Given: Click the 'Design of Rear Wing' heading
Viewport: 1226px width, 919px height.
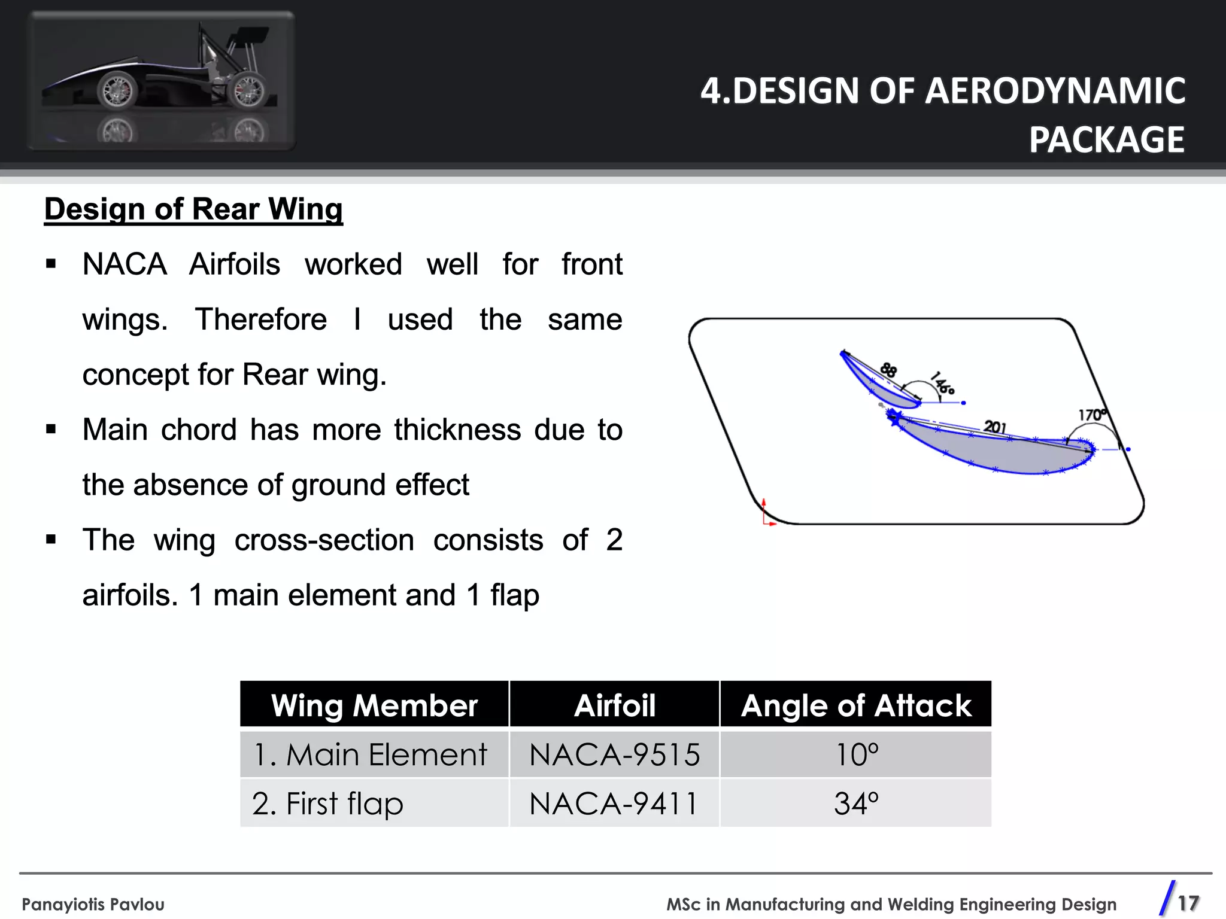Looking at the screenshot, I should [x=193, y=209].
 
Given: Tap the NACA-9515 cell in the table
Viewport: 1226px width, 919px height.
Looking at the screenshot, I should [x=614, y=754].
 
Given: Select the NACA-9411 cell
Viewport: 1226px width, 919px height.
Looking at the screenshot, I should [x=614, y=804].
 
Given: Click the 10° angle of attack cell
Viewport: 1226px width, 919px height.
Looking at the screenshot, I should [x=856, y=754].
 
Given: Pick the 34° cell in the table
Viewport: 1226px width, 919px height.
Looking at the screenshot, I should [x=856, y=804].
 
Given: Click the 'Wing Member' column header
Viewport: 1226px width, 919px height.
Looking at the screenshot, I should [x=374, y=705].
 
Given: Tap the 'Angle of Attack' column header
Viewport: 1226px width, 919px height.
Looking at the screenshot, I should [x=856, y=705].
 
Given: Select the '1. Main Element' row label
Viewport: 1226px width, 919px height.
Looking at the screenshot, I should [x=371, y=754].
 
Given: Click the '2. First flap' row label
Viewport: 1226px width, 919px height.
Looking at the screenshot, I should [x=327, y=804].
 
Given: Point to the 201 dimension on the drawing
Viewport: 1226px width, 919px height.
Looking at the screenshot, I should [x=995, y=427].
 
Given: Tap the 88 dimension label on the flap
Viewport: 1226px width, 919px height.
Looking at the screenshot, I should [x=888, y=370].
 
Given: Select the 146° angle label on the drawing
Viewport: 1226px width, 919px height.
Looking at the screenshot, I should [x=942, y=383].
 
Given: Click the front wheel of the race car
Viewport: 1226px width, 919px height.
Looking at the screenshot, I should [x=117, y=91].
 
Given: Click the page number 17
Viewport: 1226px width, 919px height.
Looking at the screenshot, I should [x=1188, y=903].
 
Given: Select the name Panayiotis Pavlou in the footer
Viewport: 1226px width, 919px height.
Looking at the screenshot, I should [x=93, y=904].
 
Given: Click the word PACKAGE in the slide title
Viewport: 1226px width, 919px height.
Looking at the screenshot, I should [x=1106, y=140].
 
